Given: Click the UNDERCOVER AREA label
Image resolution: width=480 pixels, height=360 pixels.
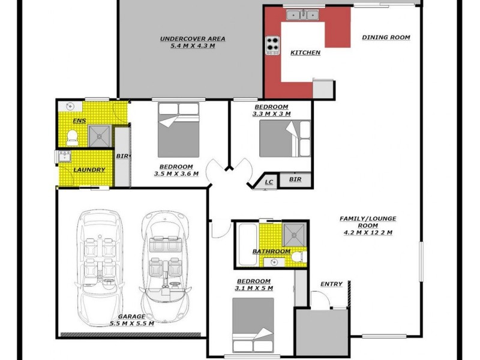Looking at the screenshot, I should [x=187, y=38].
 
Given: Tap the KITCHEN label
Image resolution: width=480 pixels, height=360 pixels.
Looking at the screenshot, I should [x=305, y=53].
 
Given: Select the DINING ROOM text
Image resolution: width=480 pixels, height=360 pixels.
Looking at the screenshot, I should [x=386, y=37].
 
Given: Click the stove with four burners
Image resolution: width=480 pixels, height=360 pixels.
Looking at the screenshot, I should [x=273, y=44].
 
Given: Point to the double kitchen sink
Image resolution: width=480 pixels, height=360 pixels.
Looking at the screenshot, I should [x=303, y=14].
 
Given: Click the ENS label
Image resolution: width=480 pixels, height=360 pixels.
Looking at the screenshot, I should [x=79, y=121].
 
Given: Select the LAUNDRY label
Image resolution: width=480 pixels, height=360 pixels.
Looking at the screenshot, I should [x=89, y=170].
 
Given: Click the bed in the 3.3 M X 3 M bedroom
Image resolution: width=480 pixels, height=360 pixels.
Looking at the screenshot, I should [x=285, y=138].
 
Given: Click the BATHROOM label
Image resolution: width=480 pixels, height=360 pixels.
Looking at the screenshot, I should [x=271, y=251].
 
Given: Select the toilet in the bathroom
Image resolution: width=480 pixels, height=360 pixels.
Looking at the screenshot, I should [x=298, y=257].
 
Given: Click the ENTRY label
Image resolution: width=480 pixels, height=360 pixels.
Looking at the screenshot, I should [x=331, y=284].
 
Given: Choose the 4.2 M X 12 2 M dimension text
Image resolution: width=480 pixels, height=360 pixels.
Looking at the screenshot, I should [x=368, y=233].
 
